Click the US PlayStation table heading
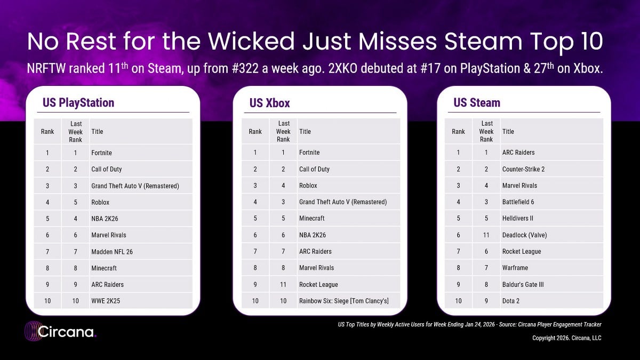point(78,102)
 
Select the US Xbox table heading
point(270,102)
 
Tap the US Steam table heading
point(477,102)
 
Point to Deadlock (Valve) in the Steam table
point(524,235)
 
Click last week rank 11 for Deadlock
point(486,235)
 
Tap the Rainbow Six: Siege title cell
point(343,301)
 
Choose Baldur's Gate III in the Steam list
point(523,284)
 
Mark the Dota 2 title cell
point(511,301)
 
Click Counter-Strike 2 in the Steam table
point(523,169)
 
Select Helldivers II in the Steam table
point(518,218)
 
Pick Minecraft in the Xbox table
point(311,218)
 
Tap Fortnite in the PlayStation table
point(101,153)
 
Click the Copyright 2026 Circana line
point(567,338)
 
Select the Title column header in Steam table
point(508,131)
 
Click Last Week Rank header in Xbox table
point(283,131)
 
